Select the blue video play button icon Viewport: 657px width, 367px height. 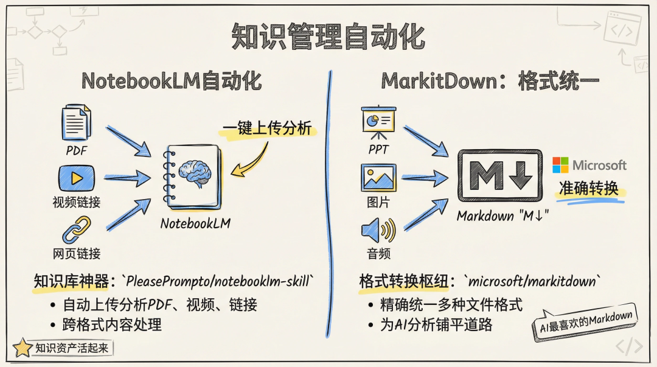77,178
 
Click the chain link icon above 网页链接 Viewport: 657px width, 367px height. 77,230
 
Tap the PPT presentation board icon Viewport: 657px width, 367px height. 378,122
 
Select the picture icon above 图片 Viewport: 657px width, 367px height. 378,178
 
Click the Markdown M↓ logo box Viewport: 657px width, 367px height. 499,175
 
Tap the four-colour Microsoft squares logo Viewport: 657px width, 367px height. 560,165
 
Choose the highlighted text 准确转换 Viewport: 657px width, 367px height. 588,189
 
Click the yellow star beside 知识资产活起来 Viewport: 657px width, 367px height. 23,348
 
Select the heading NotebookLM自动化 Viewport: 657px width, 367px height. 172,81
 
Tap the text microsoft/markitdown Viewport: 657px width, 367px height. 533,282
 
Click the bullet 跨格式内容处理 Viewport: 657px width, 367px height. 113,324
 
